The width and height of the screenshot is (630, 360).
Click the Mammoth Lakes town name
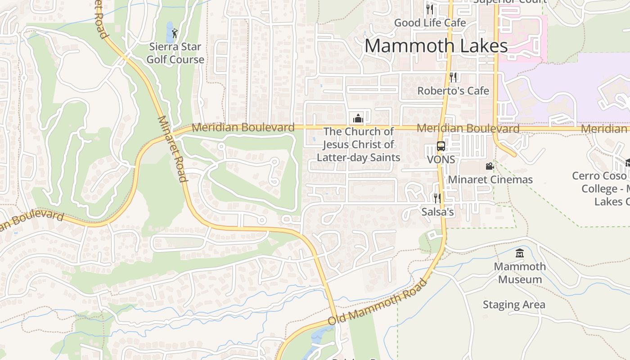[436, 46]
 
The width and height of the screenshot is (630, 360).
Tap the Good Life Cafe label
[430, 22]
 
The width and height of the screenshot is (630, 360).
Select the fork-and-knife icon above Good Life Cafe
[430, 9]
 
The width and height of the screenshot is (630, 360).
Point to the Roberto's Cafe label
[453, 91]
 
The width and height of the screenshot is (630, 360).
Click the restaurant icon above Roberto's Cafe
[453, 77]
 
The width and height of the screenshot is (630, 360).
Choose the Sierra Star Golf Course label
[175, 53]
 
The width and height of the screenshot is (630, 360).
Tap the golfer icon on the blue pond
[175, 32]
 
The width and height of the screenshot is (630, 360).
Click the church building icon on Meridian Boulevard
[358, 118]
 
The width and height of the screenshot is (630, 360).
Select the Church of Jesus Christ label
[359, 144]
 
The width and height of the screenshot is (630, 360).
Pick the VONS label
[441, 160]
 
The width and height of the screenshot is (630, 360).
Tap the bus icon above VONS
[441, 146]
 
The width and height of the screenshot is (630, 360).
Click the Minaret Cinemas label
[490, 180]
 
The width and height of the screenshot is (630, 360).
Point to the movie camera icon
[490, 166]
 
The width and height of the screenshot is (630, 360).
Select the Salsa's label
[437, 211]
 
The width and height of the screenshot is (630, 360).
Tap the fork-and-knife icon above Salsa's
[436, 198]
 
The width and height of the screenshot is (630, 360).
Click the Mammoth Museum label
[520, 273]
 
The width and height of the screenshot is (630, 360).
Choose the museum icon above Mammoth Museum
[520, 253]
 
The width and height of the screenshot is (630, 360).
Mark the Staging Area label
[514, 305]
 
